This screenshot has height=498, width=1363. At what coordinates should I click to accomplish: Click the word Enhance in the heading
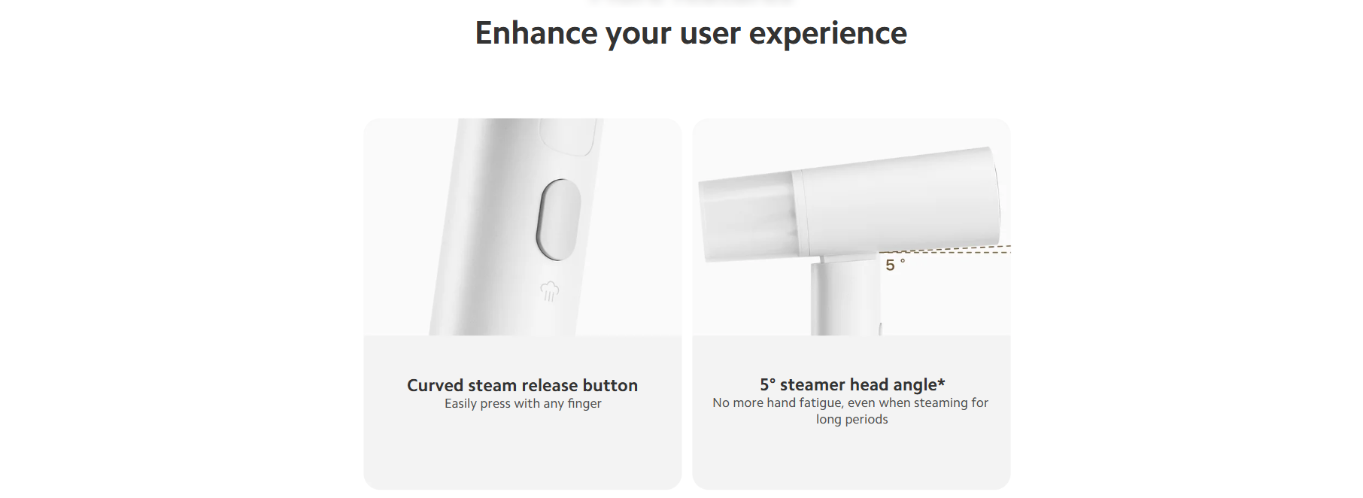click(x=536, y=33)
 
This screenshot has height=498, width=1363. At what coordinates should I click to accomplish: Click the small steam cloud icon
click(x=550, y=291)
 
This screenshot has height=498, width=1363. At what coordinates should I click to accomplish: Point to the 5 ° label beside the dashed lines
click(x=895, y=265)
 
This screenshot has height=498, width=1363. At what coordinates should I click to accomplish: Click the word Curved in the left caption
click(x=436, y=385)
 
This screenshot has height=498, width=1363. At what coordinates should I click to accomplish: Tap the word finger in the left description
click(x=584, y=404)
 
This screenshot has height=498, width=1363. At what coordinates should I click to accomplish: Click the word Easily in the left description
click(x=460, y=404)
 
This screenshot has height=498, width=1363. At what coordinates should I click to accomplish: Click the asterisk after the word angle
click(x=941, y=382)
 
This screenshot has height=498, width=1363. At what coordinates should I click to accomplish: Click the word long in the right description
click(x=829, y=420)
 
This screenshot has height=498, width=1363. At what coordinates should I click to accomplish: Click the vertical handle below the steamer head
click(x=845, y=298)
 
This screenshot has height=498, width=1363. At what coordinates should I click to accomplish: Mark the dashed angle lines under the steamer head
click(x=945, y=250)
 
